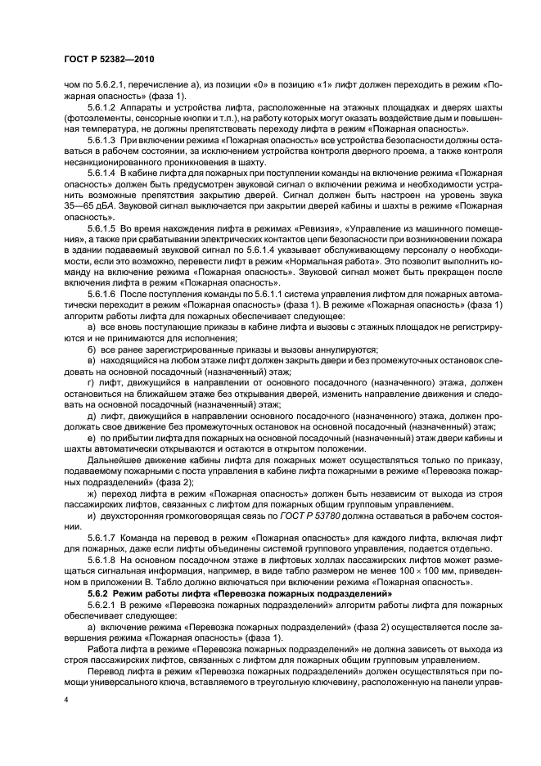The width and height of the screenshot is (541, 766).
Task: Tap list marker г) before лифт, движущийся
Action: tap(90, 381)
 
